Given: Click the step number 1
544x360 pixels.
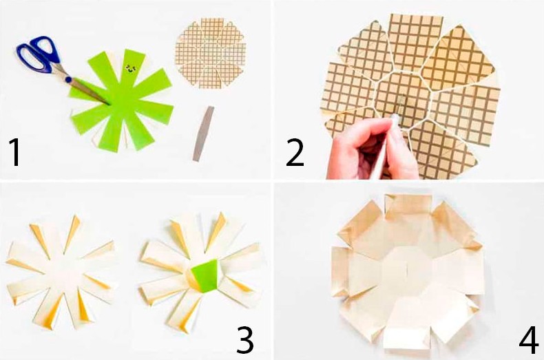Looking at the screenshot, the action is pos(15,151).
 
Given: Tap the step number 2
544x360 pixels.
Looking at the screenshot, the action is pos(295,152).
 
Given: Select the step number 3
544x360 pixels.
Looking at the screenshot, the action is pos(245,340).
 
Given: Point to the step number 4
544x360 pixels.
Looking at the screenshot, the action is pos(529,341).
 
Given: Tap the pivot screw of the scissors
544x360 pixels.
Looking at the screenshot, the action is pos(68,80).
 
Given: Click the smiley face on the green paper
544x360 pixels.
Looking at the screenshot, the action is pos(131,68).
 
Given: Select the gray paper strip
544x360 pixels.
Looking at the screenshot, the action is pos(204,134).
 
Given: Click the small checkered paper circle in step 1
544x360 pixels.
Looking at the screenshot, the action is pos(211,53).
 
